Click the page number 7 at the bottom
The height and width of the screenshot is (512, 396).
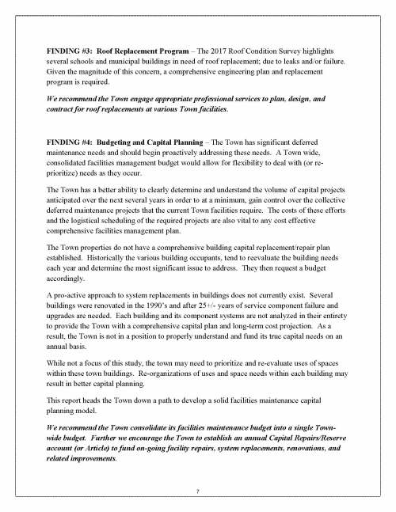pos(197,492)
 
